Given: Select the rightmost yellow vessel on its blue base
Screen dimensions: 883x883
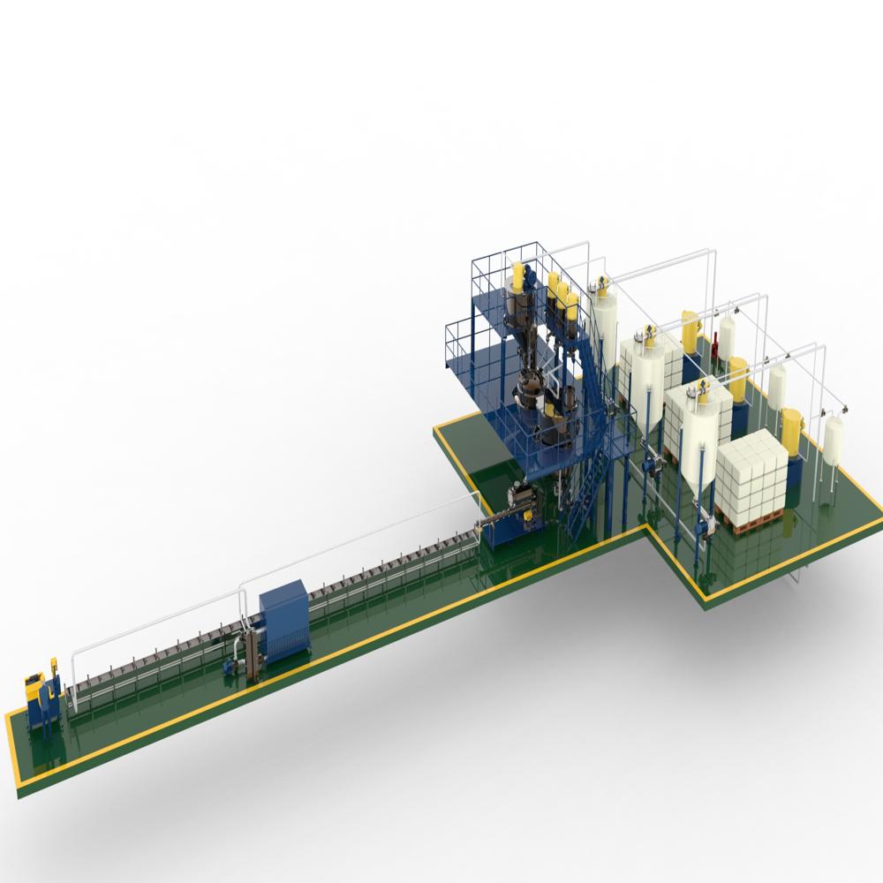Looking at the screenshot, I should coord(793,433).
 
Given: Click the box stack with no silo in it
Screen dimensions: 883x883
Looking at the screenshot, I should coord(751,481).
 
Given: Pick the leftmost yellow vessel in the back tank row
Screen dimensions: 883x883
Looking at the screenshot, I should coord(689,328).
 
